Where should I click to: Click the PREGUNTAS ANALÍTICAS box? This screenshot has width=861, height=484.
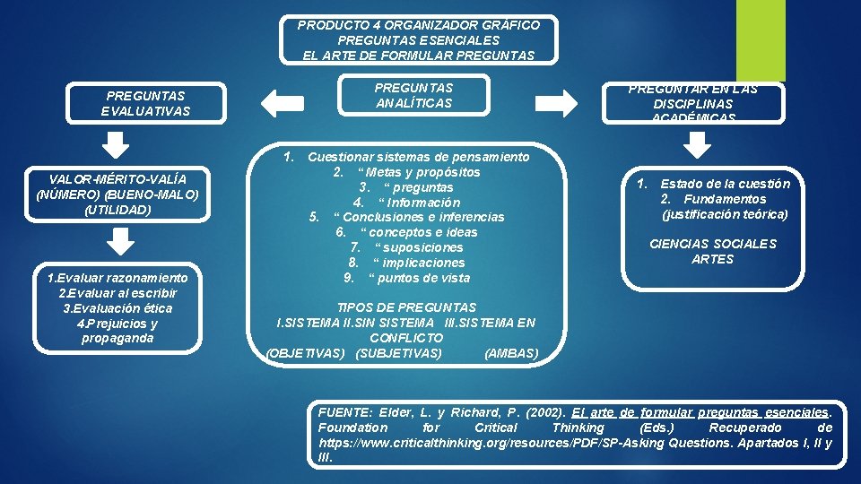(413, 96)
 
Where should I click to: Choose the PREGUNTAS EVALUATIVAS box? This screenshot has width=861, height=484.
(145, 103)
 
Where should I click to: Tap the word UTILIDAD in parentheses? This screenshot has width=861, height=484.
(117, 210)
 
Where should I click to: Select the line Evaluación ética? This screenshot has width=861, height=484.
(117, 308)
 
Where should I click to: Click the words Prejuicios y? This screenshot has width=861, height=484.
(117, 324)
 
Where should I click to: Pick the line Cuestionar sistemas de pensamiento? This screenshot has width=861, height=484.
(418, 157)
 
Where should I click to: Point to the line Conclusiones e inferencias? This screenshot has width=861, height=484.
(419, 217)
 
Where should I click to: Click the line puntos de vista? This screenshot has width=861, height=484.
(419, 278)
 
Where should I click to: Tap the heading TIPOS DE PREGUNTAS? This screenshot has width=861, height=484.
(406, 307)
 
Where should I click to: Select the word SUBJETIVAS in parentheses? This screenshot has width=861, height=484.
(399, 353)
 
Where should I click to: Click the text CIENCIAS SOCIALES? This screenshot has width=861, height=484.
(713, 244)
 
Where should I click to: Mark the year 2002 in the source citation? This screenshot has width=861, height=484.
(546, 413)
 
